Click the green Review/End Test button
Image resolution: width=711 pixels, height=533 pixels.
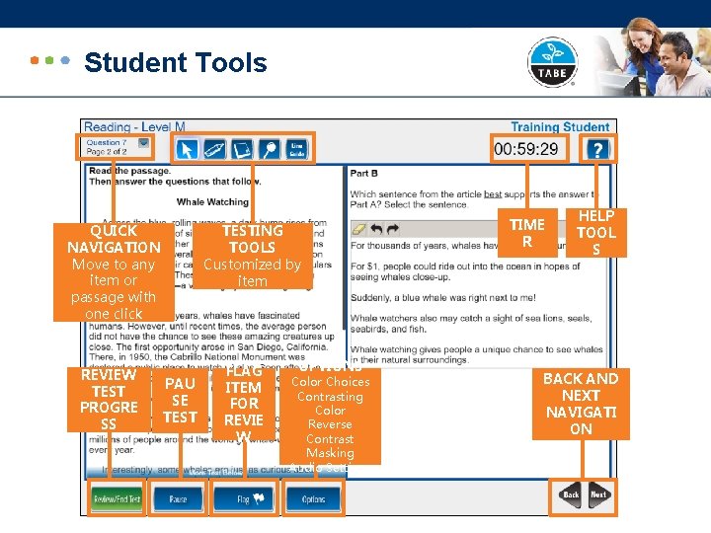point(118,498)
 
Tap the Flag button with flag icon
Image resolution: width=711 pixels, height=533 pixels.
point(242,498)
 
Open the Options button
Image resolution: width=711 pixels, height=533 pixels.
point(313,498)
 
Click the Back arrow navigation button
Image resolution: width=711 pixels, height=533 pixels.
point(571,495)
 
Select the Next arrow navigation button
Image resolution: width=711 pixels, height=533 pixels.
point(598,495)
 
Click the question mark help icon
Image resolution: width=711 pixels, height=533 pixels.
point(596,149)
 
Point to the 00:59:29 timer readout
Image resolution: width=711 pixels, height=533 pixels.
point(525,150)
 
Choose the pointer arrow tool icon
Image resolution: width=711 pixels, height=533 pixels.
point(187,149)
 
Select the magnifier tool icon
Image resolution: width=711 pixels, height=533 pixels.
point(269,149)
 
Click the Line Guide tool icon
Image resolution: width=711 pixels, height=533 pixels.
point(296,149)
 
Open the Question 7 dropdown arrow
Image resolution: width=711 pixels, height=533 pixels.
point(144,143)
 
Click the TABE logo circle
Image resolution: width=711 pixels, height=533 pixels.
point(552,62)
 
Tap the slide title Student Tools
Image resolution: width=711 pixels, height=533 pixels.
point(176,63)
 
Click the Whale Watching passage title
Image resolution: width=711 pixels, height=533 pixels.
point(212,201)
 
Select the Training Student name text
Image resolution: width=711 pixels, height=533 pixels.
point(560,127)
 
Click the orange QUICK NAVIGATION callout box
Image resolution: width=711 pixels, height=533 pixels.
point(114,271)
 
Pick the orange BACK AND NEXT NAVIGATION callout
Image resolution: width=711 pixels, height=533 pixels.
point(581,403)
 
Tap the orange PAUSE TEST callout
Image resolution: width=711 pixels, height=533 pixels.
point(180,400)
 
